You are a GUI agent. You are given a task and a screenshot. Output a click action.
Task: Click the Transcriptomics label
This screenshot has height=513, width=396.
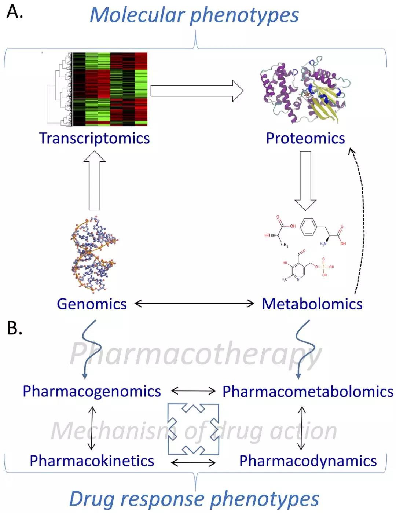(x=94, y=138)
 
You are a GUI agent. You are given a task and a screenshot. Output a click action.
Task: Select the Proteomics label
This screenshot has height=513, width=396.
(x=305, y=138)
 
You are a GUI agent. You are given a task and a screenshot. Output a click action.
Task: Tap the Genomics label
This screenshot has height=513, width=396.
(x=92, y=304)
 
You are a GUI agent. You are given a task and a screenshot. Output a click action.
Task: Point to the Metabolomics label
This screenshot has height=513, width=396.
(x=312, y=304)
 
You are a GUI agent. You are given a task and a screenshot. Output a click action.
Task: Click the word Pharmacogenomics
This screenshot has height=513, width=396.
(x=92, y=391)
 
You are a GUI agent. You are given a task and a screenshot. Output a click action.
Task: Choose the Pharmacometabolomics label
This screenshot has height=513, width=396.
(x=308, y=392)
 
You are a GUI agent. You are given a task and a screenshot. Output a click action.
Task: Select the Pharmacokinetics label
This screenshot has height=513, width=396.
(x=92, y=461)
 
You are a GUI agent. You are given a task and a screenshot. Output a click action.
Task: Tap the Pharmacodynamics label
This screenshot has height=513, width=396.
(x=308, y=461)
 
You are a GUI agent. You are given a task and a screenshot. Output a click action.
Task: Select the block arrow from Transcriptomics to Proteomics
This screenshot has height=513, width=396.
(x=197, y=91)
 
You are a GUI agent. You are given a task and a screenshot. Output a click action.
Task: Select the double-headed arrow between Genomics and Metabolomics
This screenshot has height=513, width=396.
(x=194, y=303)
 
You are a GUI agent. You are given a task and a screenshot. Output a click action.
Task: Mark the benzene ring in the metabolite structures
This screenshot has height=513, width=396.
(x=308, y=227)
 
